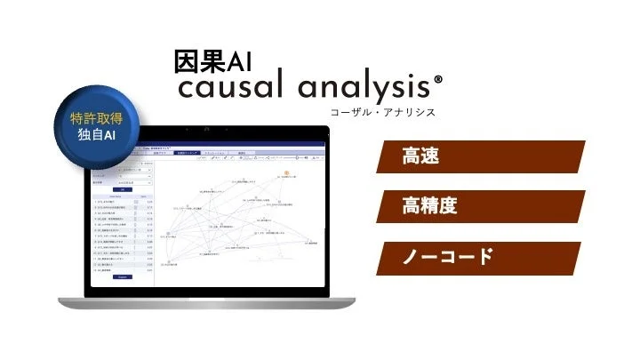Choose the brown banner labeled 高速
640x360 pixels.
pyautogui.click(x=480, y=156)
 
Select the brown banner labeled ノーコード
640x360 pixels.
pyautogui.click(x=480, y=257)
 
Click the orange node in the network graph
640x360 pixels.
pyautogui.click(x=287, y=172)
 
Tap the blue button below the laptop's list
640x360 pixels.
pyautogui.click(x=123, y=276)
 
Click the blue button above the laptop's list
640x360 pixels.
pyautogui.click(x=123, y=188)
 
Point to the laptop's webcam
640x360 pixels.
pyautogui.click(x=206, y=131)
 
